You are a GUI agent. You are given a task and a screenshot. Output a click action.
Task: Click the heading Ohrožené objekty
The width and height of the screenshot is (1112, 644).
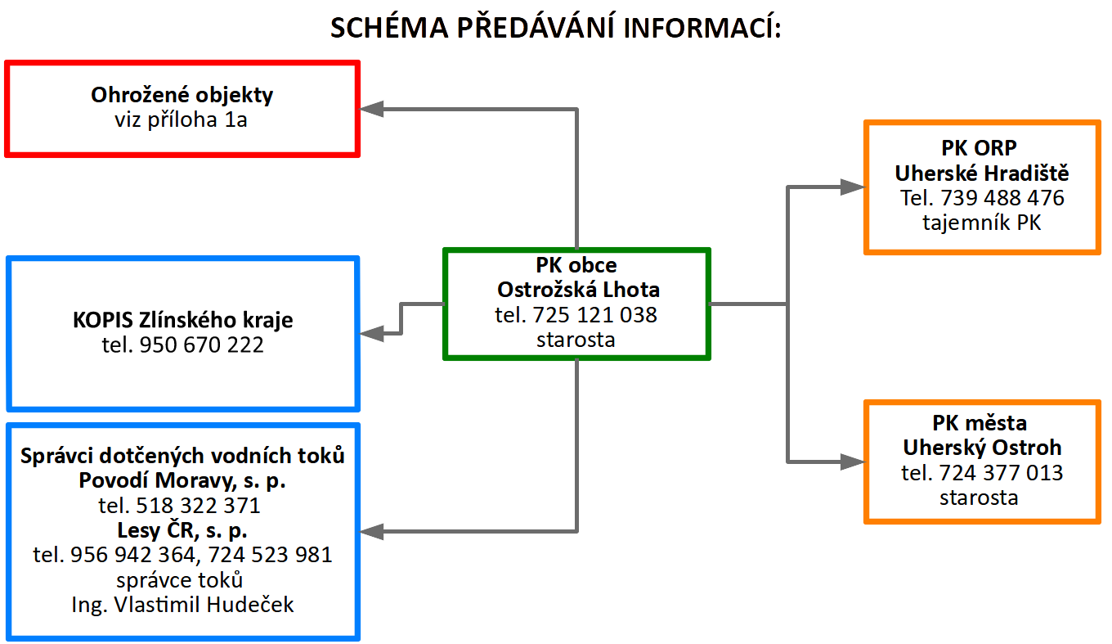click(182, 95)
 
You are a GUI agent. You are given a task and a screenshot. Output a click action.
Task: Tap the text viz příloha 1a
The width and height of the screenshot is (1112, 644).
click(181, 119)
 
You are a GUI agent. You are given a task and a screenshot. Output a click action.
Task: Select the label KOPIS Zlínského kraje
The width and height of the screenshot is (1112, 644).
click(182, 320)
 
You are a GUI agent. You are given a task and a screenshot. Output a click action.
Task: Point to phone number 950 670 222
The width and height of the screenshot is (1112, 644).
click(201, 345)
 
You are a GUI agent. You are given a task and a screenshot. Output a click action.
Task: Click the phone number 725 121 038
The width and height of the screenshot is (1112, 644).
click(594, 315)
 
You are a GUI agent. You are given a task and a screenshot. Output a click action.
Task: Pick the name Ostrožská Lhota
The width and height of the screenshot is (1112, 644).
click(578, 290)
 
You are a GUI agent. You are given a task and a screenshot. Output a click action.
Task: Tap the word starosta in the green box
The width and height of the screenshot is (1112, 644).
click(576, 340)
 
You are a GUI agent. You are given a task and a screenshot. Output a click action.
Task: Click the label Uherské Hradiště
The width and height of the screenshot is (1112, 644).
click(982, 173)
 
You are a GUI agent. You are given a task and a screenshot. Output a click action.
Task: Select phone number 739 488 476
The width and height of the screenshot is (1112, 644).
click(1002, 198)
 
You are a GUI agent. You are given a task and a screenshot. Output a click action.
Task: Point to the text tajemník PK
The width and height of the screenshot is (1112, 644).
click(982, 223)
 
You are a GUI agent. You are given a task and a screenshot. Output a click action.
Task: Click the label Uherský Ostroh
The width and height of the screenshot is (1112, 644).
click(982, 448)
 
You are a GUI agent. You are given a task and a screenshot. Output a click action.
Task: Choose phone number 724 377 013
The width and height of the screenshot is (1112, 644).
click(1002, 473)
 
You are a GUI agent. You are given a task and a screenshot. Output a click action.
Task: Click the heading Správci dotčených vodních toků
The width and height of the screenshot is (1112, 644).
click(182, 456)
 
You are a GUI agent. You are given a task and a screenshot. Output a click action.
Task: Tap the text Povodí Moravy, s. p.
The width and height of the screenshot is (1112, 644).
click(182, 480)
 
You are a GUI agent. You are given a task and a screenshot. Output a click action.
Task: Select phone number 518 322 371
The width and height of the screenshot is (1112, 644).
click(198, 506)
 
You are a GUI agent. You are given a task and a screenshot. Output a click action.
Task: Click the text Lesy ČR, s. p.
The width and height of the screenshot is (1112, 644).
click(182, 530)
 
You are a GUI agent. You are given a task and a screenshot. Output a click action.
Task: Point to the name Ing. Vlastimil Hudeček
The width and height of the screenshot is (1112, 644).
click(182, 605)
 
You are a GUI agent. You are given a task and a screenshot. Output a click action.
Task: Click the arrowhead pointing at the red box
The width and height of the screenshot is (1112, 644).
click(371, 109)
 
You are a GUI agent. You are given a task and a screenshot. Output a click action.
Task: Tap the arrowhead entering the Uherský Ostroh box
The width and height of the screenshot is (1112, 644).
click(853, 462)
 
